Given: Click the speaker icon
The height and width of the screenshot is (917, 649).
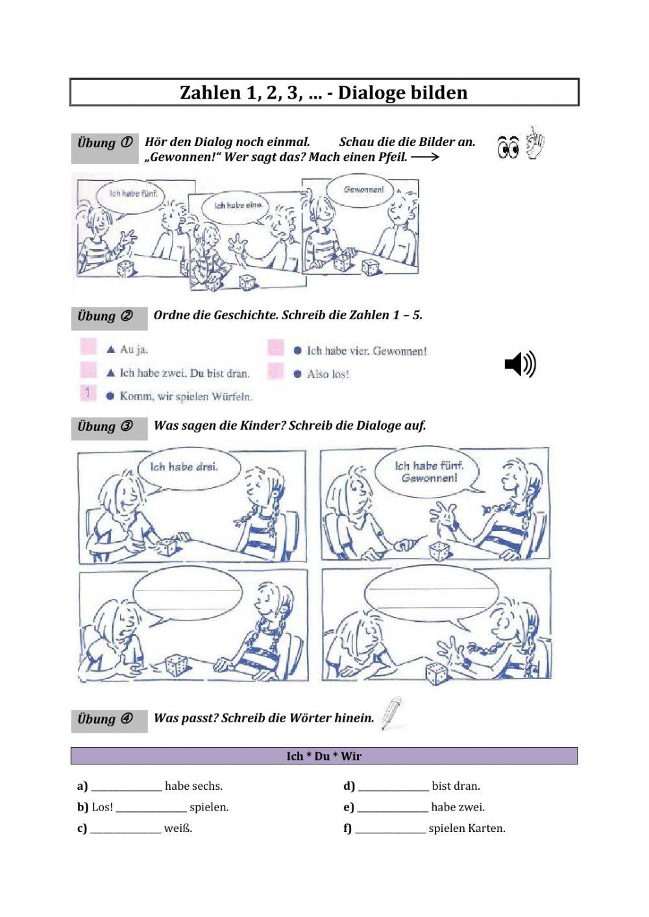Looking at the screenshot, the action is click(520, 363).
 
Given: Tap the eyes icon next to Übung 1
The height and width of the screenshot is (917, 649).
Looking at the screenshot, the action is click(508, 147).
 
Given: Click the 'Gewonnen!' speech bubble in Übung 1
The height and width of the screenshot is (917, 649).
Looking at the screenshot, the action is click(360, 191).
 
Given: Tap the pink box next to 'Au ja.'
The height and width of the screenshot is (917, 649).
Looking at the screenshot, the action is click(88, 347).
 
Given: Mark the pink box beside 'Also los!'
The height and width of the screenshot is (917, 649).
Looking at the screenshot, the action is click(275, 371).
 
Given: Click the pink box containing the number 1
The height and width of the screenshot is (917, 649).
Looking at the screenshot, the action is click(88, 393).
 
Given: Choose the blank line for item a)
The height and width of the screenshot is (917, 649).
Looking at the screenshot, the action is click(127, 791).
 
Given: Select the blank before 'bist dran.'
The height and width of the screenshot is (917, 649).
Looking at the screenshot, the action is click(393, 791).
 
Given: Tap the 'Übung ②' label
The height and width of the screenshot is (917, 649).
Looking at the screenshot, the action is click(105, 317).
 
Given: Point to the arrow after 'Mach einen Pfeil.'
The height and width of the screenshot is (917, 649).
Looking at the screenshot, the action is click(425, 157).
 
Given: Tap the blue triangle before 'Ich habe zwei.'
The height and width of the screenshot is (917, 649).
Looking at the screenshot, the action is click(110, 373).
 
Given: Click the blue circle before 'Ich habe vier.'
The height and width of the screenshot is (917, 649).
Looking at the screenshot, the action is click(298, 350).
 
